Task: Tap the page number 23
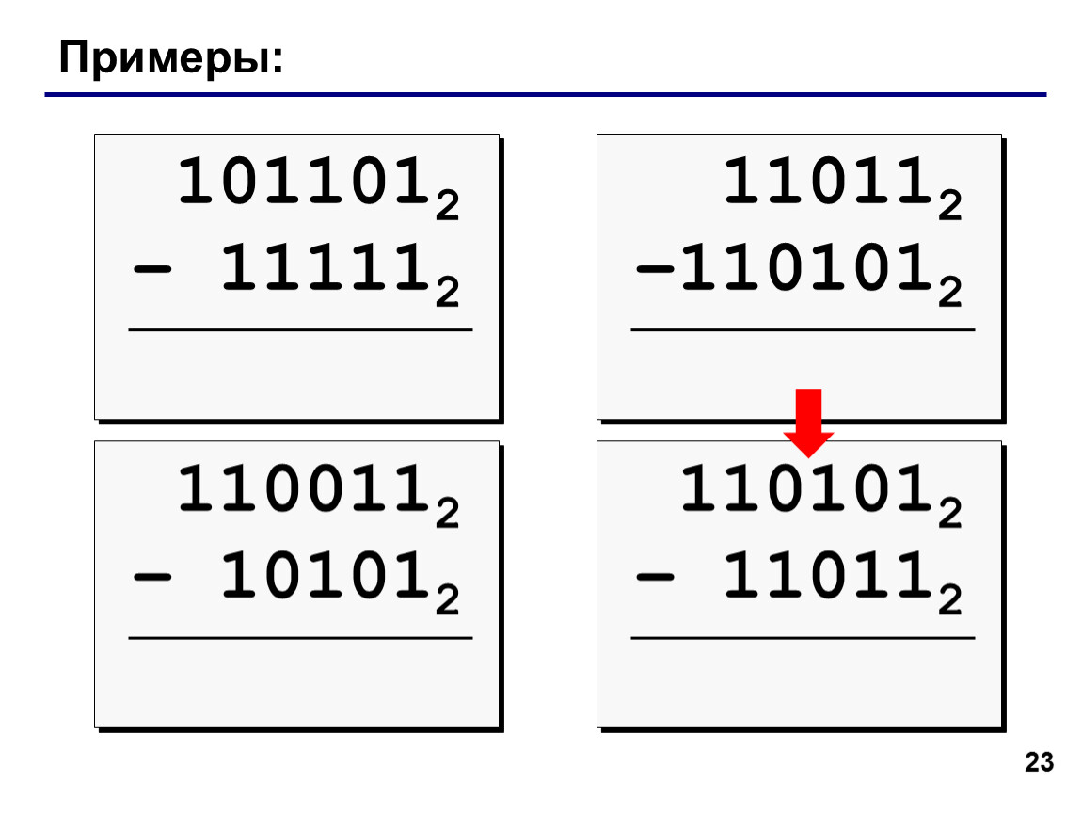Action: [1039, 762]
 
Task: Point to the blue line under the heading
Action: [545, 94]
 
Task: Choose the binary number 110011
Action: [304, 488]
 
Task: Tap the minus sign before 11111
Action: [151, 269]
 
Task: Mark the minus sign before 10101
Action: [151, 577]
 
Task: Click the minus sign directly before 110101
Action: [654, 269]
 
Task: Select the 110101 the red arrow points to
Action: [806, 488]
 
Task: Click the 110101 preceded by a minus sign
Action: [806, 268]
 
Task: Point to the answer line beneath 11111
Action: [300, 330]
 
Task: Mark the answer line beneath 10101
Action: [300, 638]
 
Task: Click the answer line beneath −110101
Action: [803, 330]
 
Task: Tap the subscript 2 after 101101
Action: [447, 206]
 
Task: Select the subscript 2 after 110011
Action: [447, 514]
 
